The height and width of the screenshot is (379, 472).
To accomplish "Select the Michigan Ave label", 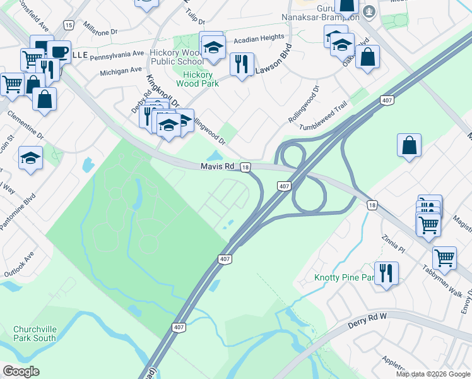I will coord(121,71).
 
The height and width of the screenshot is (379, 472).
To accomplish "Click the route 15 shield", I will coord(68,24).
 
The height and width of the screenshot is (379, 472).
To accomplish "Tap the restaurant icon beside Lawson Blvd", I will coord(242,64).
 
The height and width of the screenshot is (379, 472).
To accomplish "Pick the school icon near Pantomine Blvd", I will coord(30,158).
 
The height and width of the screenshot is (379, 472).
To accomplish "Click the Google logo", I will coord(21,371).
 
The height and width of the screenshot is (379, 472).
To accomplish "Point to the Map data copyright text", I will coord(433,374).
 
